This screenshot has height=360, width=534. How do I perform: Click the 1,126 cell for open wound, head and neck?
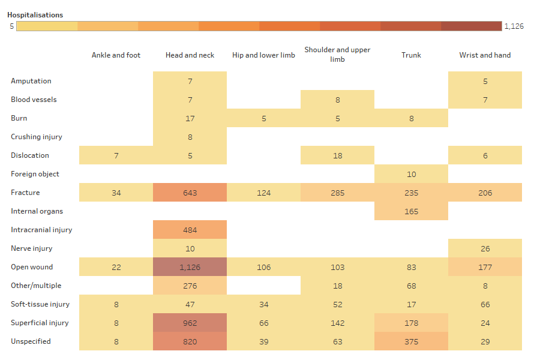[190, 267]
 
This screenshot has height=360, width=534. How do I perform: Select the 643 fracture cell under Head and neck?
[190, 193]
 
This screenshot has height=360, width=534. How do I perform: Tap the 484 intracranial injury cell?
[190, 230]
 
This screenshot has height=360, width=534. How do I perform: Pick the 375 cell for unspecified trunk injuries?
[411, 341]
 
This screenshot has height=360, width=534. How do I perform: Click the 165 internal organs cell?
[411, 211]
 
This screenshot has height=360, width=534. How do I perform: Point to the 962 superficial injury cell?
[190, 323]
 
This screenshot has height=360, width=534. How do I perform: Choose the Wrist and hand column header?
[485, 55]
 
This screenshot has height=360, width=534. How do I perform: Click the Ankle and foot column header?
[116, 55]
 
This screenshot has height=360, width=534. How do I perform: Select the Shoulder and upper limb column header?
[337, 55]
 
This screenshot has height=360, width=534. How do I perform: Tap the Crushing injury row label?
[37, 137]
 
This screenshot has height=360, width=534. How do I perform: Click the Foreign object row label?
[35, 174]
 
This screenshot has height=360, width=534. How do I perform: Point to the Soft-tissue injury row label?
[40, 304]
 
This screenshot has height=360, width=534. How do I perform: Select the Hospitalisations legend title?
[35, 15]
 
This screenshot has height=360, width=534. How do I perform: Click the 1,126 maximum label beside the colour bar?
[514, 26]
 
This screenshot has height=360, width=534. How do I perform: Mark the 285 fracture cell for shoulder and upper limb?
[337, 193]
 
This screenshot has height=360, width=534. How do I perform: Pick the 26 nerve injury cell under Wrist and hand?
[485, 248]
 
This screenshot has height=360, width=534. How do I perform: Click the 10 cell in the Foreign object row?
[411, 174]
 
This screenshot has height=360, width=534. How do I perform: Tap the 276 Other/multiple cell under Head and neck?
[190, 286]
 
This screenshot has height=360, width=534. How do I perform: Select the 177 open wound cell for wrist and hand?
[485, 267]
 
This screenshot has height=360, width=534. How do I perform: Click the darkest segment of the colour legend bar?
[471, 26]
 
